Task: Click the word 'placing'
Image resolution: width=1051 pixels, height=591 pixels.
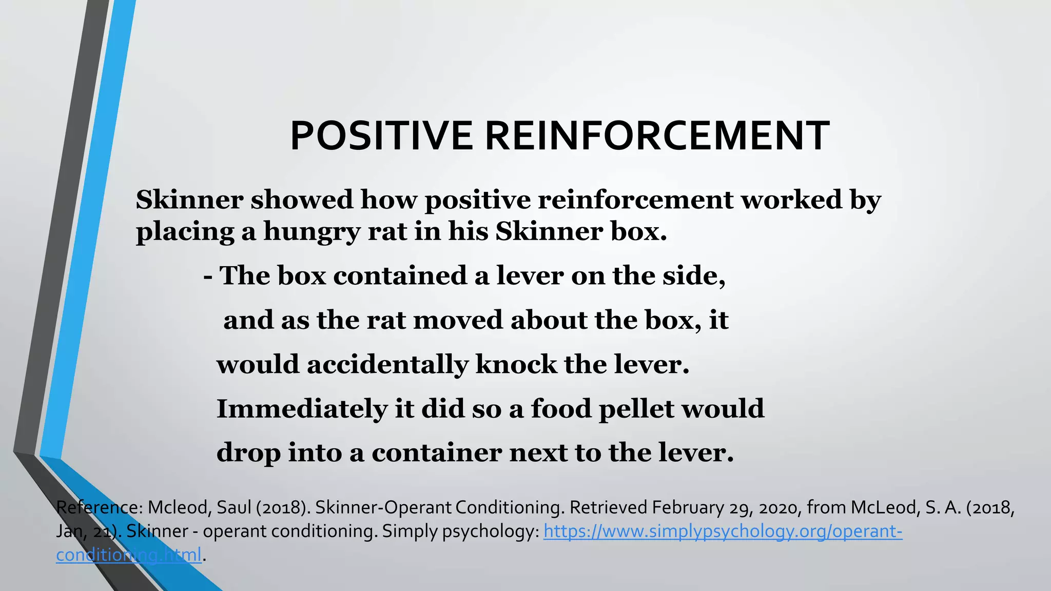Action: point(185,232)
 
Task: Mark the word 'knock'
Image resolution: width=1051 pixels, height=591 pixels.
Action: point(516,365)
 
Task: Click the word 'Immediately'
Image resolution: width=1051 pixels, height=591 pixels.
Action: point(302,409)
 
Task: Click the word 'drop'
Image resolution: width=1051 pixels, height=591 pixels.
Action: point(248,453)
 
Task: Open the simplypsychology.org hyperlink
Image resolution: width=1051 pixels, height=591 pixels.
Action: point(723,531)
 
